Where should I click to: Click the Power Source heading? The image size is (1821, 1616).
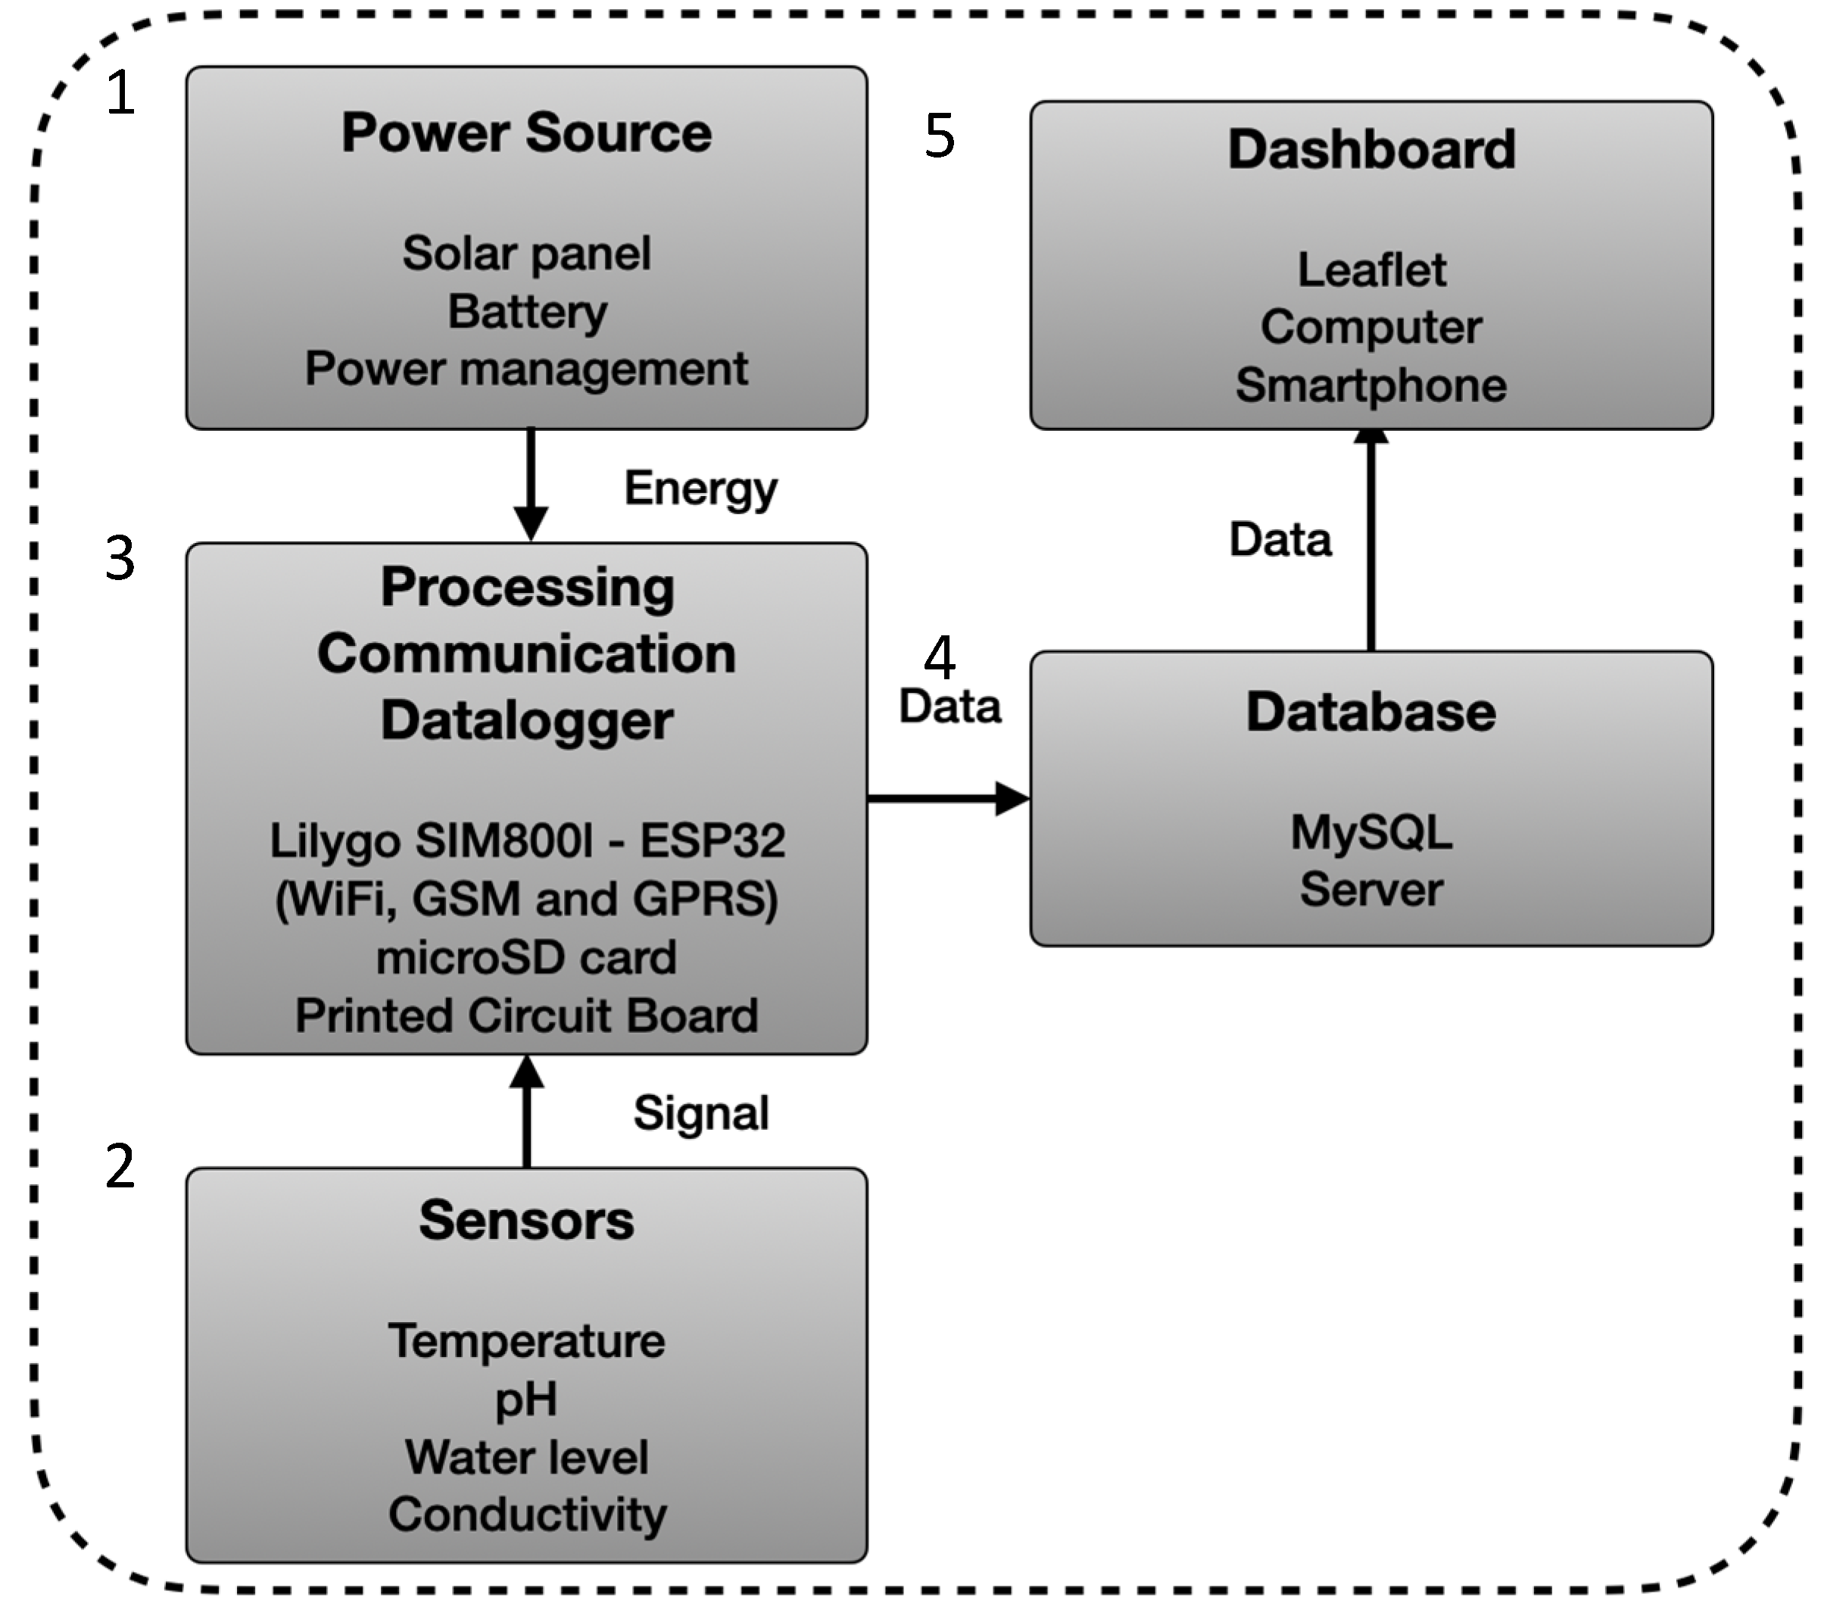(526, 133)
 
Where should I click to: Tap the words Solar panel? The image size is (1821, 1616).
(526, 253)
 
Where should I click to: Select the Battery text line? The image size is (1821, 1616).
(526, 312)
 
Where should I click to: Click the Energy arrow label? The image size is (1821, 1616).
(700, 488)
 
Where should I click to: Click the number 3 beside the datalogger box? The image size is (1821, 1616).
(120, 559)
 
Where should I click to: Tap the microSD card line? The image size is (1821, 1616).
(526, 958)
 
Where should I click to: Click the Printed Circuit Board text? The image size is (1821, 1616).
(526, 1015)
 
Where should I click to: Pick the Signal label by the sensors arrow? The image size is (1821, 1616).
(700, 1114)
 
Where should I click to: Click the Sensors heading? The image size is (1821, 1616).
(526, 1221)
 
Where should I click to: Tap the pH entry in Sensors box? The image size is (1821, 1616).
(526, 1399)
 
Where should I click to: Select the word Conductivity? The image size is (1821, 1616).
(526, 1515)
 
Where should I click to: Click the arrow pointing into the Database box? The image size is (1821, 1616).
(948, 798)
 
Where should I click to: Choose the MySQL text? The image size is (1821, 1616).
(1371, 833)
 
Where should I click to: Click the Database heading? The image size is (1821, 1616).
(1371, 713)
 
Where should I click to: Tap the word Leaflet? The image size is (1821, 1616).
(1371, 270)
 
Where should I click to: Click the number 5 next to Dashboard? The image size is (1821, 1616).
(940, 136)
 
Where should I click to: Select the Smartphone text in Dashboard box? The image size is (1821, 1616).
(1371, 385)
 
